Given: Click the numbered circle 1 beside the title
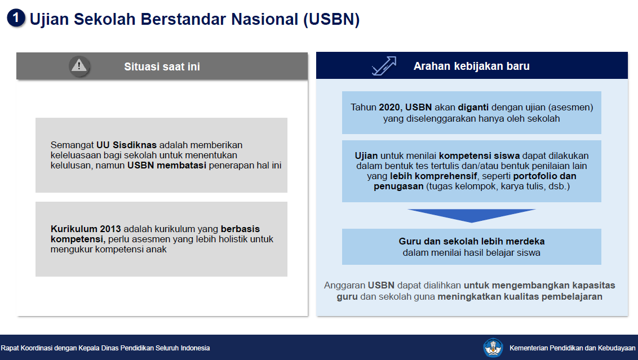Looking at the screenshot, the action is (16, 18).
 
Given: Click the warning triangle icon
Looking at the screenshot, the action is (79, 65).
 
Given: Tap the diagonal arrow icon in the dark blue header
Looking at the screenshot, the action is (384, 66).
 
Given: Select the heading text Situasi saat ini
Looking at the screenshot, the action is (162, 66).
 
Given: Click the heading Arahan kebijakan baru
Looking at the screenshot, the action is (472, 66).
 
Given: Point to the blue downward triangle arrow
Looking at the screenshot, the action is (472, 216).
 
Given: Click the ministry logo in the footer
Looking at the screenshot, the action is (493, 348).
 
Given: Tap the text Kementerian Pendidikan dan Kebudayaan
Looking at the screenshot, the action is (572, 348).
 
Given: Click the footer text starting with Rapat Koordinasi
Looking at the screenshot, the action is (105, 348).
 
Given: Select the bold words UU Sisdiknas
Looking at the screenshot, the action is (127, 145).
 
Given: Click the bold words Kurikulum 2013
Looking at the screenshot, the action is (86, 229).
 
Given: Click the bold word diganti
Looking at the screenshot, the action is (473, 108).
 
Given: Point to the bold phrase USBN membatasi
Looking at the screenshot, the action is (167, 166).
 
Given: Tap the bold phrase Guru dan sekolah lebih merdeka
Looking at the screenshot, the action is (472, 241).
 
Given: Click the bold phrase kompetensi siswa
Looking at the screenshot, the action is (479, 156).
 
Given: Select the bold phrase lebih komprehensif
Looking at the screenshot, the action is (433, 176).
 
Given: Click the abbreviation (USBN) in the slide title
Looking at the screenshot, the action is (331, 19).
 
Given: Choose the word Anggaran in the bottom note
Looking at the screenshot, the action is (344, 286).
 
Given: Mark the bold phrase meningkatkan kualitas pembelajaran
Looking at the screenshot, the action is (520, 297).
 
